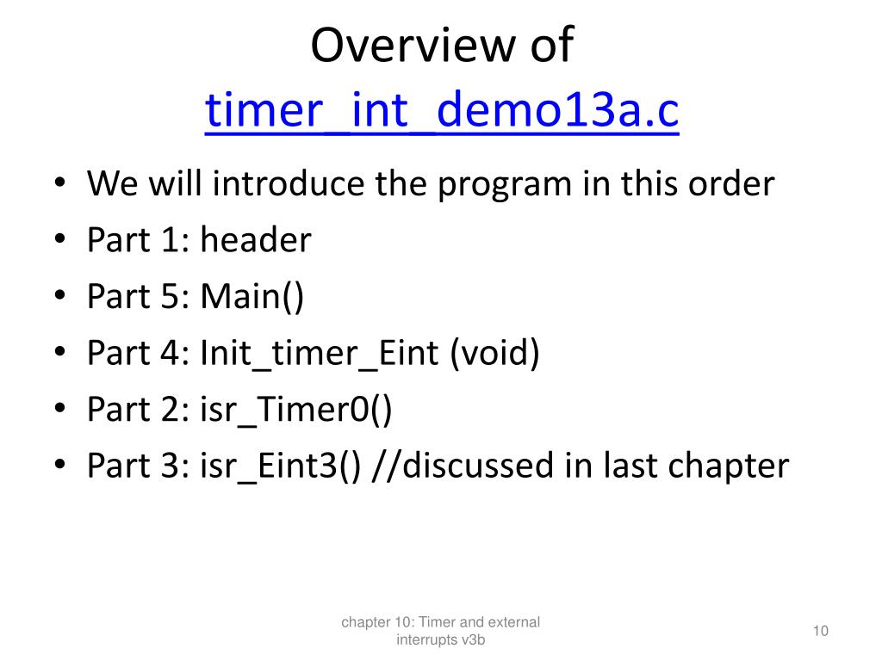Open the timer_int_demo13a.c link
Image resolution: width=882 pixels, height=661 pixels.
click(x=441, y=111)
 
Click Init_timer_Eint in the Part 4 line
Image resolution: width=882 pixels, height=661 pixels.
click(x=319, y=353)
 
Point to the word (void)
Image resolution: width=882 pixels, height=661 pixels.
click(x=494, y=353)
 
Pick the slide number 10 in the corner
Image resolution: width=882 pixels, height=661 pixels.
click(x=820, y=632)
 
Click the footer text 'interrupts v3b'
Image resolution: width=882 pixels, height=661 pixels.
click(x=441, y=640)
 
